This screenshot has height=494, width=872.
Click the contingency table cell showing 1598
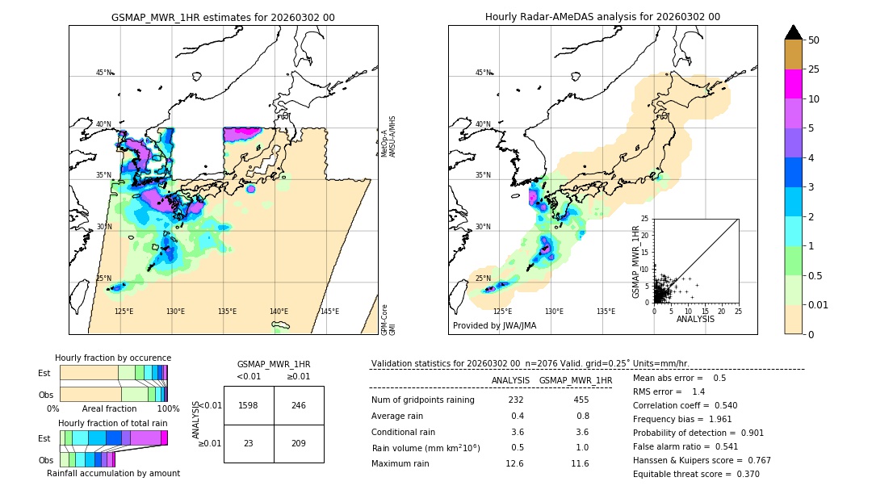click(x=249, y=405)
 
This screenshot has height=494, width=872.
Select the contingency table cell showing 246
click(x=299, y=405)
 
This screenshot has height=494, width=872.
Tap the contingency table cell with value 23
click(x=249, y=443)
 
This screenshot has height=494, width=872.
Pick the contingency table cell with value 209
click(x=299, y=443)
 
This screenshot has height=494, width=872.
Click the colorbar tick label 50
click(x=814, y=40)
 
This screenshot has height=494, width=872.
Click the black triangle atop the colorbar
click(x=794, y=32)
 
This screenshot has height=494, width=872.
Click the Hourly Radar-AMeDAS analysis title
click(x=602, y=17)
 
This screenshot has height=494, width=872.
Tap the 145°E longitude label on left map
click(x=329, y=312)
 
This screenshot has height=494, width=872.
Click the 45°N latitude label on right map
click(x=483, y=73)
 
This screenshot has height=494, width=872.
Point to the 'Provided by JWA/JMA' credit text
click(x=494, y=326)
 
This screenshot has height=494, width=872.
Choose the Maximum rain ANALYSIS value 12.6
click(x=515, y=463)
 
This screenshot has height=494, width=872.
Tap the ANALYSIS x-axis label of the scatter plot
click(x=695, y=320)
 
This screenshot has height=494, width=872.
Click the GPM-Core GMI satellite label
click(x=388, y=320)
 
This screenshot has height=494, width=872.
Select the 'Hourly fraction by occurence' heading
click(x=113, y=358)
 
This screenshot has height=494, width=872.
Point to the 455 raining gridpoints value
click(x=581, y=400)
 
